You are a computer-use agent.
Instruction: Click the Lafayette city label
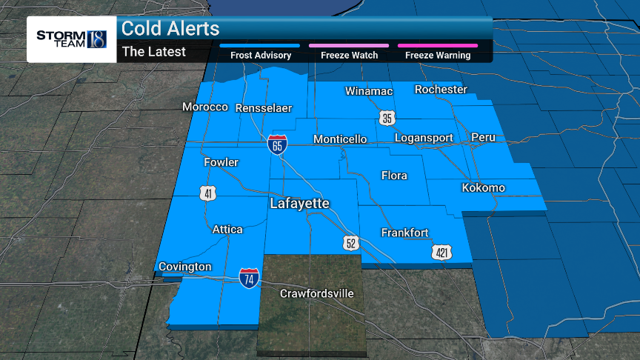(299, 203)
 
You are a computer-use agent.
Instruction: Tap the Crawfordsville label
(316, 294)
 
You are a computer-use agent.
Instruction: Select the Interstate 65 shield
(277, 144)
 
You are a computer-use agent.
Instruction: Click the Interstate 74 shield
(249, 278)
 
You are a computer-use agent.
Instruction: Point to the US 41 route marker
(208, 193)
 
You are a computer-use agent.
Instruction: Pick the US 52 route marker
(350, 242)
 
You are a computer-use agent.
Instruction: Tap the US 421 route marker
(441, 253)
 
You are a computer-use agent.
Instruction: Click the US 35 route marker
(387, 118)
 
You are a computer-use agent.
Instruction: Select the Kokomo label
(483, 188)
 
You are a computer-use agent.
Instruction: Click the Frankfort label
(404, 233)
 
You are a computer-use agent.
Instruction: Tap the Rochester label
(441, 90)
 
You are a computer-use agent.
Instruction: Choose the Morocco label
(205, 107)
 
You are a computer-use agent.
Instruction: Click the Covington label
(185, 267)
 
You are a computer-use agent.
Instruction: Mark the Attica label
(227, 230)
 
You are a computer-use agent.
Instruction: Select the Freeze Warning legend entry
(437, 55)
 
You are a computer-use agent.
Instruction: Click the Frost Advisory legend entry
(260, 55)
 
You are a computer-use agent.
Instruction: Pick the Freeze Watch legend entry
(349, 55)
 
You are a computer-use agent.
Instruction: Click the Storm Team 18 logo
(71, 39)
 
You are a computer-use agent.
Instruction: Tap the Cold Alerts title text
(170, 29)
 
